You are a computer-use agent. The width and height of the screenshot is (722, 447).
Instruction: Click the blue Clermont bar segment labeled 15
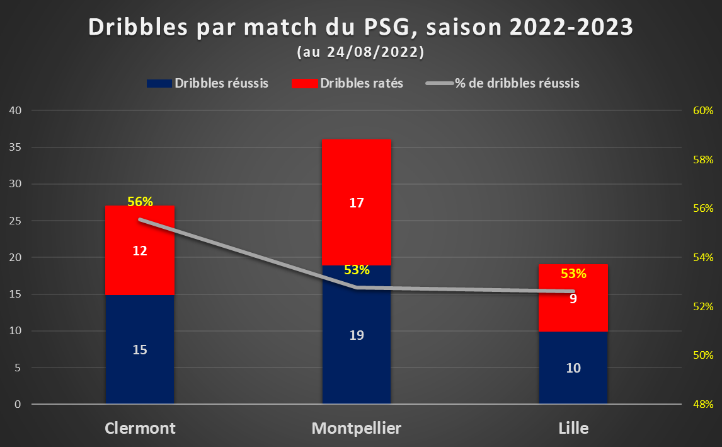[140, 349]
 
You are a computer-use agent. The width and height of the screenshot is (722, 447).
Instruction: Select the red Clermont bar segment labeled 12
[140, 250]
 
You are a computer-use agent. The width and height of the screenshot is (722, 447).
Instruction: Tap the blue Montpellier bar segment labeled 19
[357, 335]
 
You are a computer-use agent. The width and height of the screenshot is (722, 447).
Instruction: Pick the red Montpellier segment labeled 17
[357, 202]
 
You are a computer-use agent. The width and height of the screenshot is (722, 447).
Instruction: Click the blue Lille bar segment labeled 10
[573, 368]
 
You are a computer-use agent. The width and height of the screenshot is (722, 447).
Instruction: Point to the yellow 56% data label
[140, 201]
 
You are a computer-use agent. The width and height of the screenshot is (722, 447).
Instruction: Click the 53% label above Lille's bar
[573, 274]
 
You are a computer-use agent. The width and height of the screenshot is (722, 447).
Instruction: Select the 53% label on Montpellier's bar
[357, 270]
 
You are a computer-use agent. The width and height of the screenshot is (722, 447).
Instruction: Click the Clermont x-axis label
[140, 428]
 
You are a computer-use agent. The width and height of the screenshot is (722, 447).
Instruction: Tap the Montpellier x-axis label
[357, 428]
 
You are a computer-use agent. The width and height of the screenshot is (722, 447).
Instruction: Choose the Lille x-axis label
[573, 428]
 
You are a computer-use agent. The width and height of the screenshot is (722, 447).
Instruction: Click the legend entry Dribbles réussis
[208, 83]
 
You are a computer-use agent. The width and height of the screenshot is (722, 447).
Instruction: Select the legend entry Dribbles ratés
[348, 83]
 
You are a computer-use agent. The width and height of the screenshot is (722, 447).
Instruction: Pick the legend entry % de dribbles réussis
[503, 83]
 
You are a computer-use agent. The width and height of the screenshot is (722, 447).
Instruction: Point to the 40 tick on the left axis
[15, 110]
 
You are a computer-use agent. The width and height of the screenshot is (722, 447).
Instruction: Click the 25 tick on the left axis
[15, 221]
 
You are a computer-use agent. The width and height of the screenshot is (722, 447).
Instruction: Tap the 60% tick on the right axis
[703, 110]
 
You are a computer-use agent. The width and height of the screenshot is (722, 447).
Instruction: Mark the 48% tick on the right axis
[703, 404]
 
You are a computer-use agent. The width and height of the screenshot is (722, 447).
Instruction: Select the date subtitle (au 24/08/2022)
[360, 52]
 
